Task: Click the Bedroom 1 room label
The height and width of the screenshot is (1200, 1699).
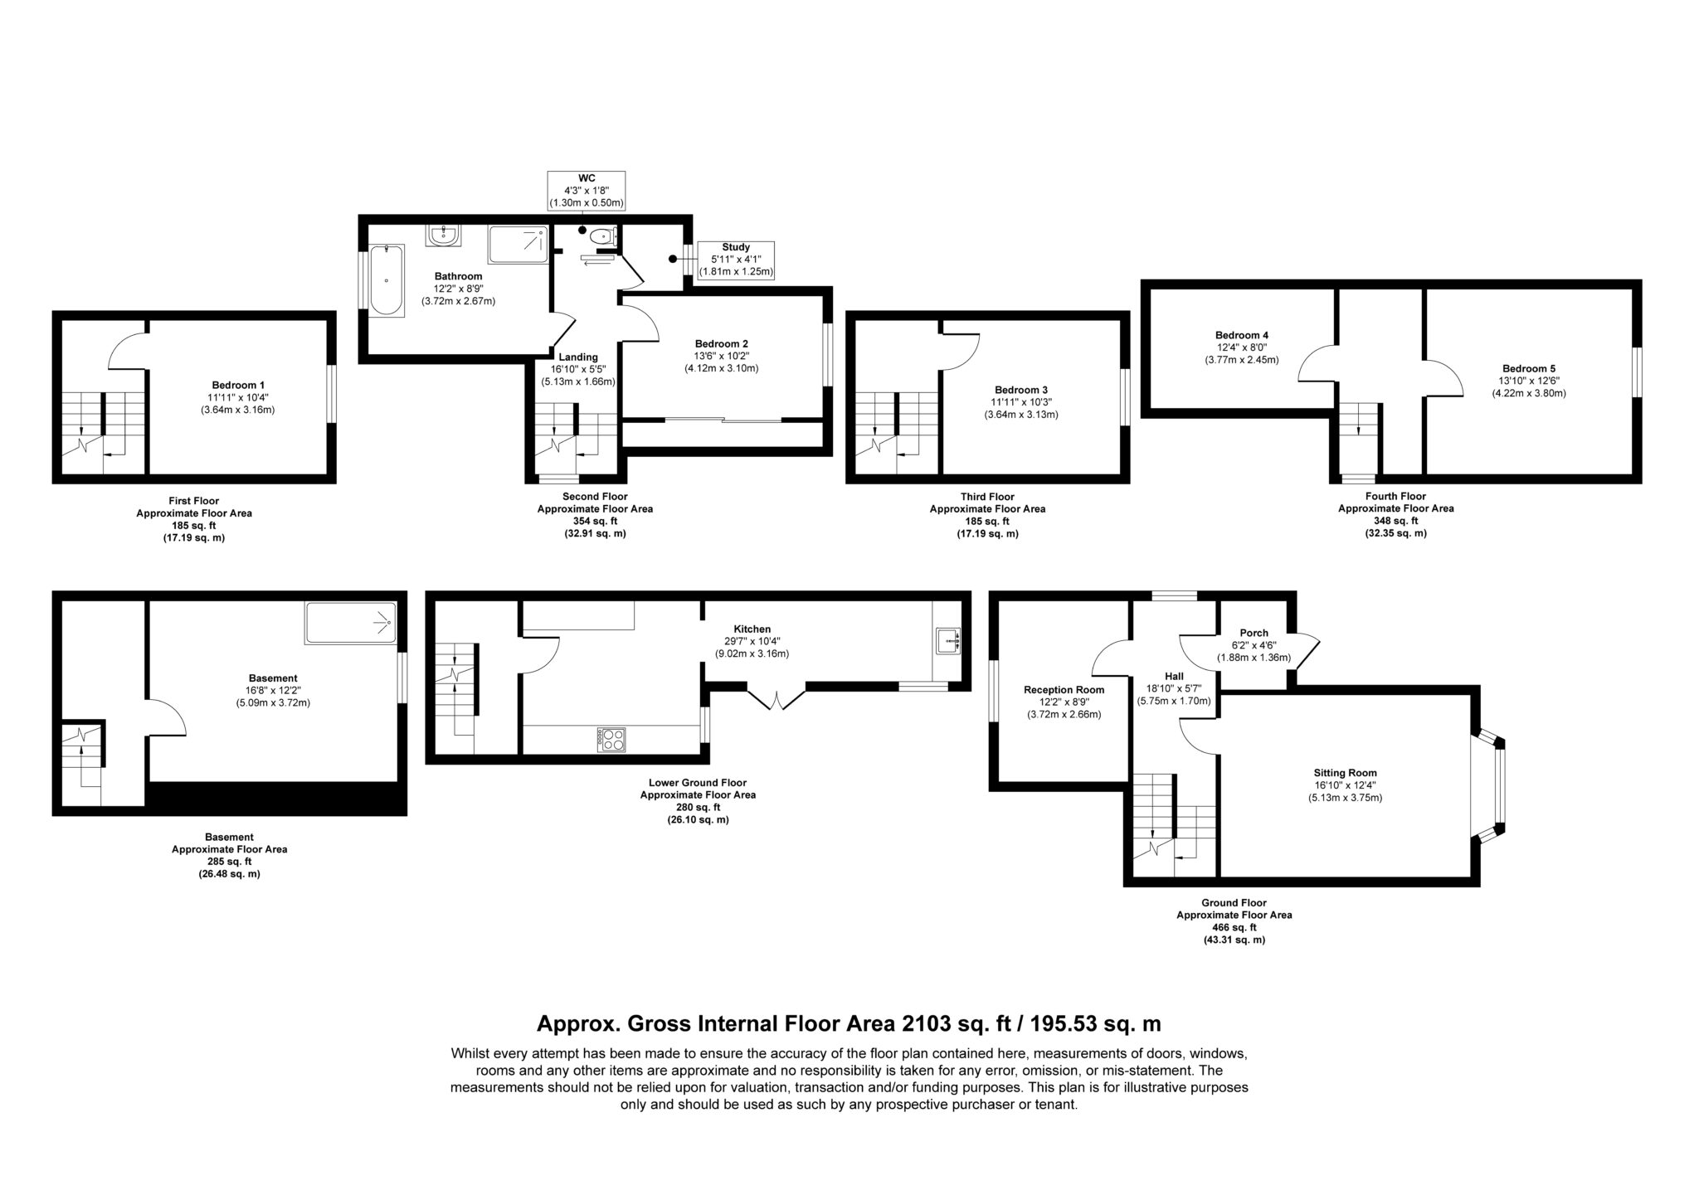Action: click(x=238, y=385)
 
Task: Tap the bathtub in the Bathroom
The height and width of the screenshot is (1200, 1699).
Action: click(x=386, y=280)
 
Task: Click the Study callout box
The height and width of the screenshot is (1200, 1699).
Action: click(x=736, y=260)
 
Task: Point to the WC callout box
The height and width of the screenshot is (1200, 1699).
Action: click(x=587, y=191)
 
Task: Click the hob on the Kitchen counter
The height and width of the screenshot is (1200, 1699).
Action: click(x=613, y=739)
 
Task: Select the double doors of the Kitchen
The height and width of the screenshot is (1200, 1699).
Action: click(x=777, y=697)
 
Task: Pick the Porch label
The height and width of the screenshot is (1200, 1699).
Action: click(x=1254, y=633)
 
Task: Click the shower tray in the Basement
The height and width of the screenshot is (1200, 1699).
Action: click(x=351, y=624)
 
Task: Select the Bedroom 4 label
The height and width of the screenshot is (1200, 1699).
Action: click(x=1242, y=335)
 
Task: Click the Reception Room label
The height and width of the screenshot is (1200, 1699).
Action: click(x=1064, y=689)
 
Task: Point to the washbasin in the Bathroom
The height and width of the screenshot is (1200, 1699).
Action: click(x=445, y=236)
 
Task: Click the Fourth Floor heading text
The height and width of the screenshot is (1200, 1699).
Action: click(x=1395, y=496)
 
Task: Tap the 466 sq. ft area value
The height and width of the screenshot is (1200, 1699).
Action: click(x=1234, y=927)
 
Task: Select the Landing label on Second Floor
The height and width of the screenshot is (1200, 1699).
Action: click(x=578, y=357)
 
